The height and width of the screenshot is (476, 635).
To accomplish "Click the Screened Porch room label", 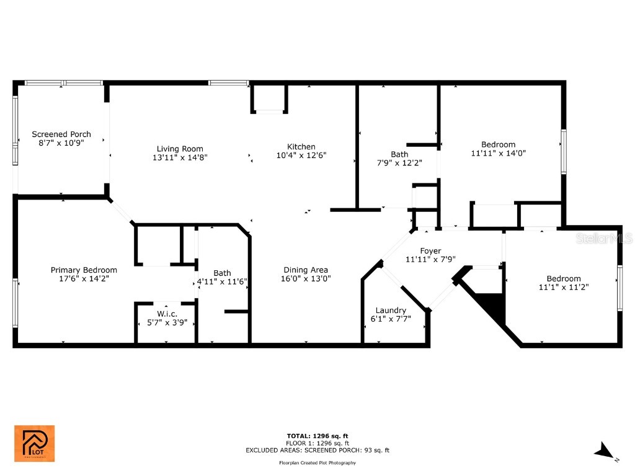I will coord(61,134).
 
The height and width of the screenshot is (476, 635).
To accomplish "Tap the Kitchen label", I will coord(301,146).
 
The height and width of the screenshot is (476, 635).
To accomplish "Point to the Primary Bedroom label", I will coord(84,270).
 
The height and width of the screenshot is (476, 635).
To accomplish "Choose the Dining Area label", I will coord(306,270).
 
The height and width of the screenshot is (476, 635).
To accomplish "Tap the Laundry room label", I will coord(391,310).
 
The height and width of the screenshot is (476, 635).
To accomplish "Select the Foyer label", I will coord(430,250).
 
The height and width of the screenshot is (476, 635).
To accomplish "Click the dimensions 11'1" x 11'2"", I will coord(564,287).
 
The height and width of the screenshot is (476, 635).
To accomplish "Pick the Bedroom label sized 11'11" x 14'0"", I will coord(498,144).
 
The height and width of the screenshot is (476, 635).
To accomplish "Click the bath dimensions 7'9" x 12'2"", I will coord(399,163).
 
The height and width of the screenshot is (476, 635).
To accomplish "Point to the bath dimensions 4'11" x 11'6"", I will coord(222,281).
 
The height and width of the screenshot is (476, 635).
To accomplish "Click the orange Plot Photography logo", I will coord(34,443).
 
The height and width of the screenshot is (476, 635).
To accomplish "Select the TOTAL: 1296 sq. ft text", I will coord(317,436).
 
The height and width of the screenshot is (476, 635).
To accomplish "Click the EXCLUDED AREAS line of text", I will coord(317,451).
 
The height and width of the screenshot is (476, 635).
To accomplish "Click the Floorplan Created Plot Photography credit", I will coord(317,463).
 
